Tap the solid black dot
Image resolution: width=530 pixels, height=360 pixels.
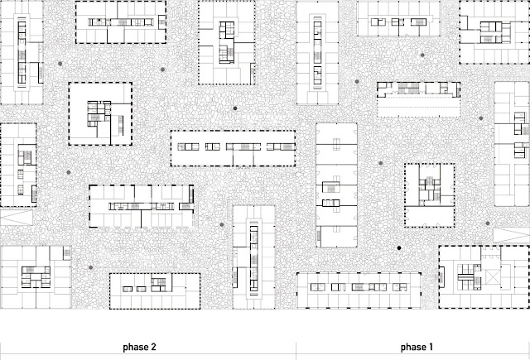click(x=398, y=247)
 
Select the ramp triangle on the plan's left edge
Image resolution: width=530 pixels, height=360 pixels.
click(x=13, y=217)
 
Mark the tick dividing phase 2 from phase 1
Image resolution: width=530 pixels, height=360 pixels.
click(x=296, y=346)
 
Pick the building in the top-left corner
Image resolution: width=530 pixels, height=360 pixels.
click(x=21, y=50)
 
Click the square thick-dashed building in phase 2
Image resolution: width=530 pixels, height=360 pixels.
click(x=100, y=113)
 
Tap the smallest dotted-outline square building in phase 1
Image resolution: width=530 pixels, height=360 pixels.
click(x=429, y=194)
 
